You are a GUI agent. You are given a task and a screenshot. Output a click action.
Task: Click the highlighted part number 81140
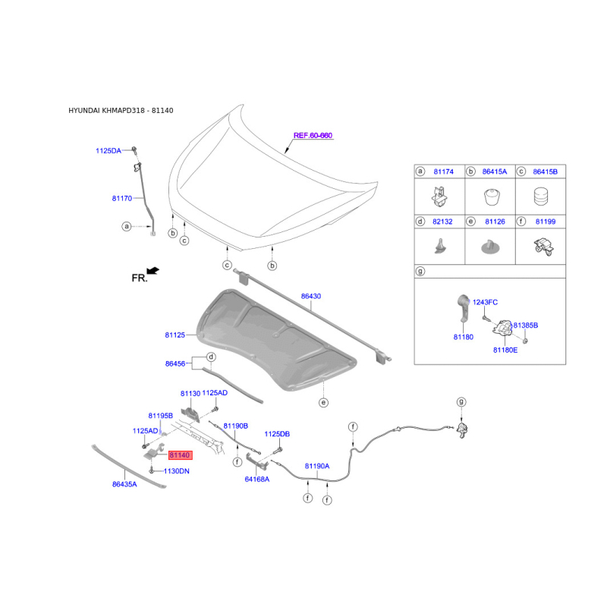180,454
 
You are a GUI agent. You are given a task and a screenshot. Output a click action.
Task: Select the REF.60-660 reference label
313,136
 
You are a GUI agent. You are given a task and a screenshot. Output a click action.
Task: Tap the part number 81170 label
122,198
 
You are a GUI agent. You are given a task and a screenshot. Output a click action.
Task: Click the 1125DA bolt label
109,150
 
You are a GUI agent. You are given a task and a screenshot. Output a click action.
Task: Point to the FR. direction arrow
153,271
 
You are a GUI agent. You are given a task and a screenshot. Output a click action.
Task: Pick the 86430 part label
311,296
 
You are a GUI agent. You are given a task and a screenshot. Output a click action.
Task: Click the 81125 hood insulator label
175,335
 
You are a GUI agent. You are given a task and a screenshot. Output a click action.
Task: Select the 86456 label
175,363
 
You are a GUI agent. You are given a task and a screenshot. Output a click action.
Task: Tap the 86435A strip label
124,484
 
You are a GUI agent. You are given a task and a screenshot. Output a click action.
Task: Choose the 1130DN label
177,471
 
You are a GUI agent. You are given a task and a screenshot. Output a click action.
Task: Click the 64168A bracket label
257,480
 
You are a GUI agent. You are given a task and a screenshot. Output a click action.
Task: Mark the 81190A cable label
317,466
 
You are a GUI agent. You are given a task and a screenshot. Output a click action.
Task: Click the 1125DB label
277,434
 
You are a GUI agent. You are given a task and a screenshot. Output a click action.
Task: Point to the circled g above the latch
461,402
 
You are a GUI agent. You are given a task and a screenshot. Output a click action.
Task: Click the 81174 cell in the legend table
443,171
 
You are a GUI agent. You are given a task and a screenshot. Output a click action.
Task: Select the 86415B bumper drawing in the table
541,197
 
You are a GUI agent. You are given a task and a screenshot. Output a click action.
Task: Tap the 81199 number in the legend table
546,222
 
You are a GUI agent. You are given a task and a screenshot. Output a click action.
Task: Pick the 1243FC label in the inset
485,302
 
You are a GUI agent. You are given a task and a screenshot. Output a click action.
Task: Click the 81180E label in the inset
505,350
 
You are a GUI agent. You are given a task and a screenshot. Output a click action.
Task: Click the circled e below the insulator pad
324,403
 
